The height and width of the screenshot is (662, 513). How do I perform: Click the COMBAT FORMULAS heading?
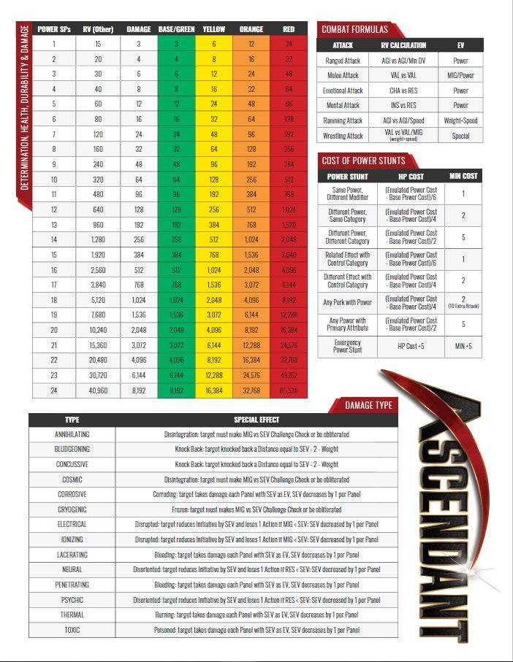(x=354, y=29)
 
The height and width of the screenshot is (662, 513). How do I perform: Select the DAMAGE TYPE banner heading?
(x=368, y=404)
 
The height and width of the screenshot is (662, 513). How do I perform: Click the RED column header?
(x=289, y=30)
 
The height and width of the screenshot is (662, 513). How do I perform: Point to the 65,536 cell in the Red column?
(x=289, y=391)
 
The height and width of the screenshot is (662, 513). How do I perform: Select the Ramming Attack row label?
(x=343, y=120)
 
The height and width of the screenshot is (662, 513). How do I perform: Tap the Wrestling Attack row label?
(x=343, y=136)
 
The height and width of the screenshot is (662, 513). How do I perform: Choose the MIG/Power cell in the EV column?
(x=460, y=75)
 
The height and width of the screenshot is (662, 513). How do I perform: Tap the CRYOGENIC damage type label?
(x=72, y=509)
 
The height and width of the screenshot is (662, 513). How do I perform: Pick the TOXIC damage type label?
(x=72, y=629)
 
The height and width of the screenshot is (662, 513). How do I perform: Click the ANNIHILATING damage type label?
(x=72, y=434)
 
